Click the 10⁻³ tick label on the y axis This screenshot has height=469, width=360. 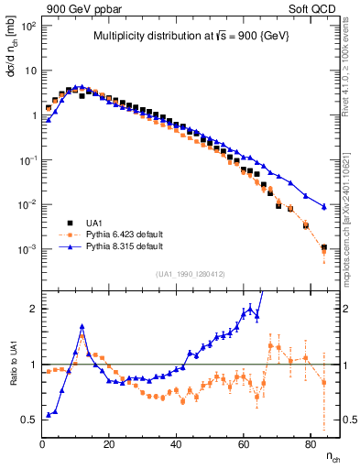click(29, 249)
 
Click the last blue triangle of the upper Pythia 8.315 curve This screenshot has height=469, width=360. click(323, 205)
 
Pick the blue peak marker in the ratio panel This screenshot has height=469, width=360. click(82, 326)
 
